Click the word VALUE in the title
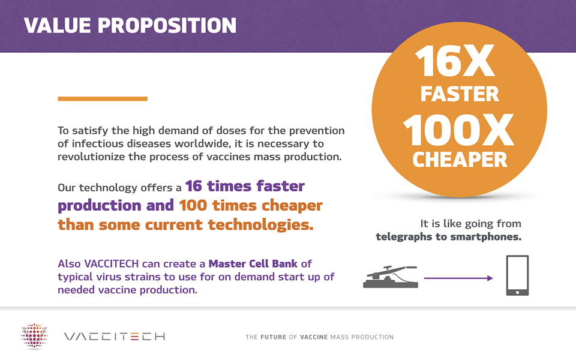pos(58,25)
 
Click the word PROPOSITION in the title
pos(167,25)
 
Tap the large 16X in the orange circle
pos(455,61)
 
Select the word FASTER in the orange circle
pos(460,94)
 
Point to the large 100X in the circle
pos(458,130)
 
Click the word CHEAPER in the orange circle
pos(460,160)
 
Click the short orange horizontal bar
pos(103,98)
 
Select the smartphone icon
pos(517,275)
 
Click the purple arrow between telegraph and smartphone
pos(458,278)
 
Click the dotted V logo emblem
pos(34,335)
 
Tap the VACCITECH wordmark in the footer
pos(115,337)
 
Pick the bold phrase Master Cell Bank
pos(253,264)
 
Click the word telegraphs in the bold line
pos(404,237)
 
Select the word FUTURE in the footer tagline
pos(274,337)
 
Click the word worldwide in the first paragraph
pos(202,143)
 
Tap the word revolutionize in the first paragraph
pos(91,157)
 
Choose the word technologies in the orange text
pos(260,225)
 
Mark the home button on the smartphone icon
pos(517,292)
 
